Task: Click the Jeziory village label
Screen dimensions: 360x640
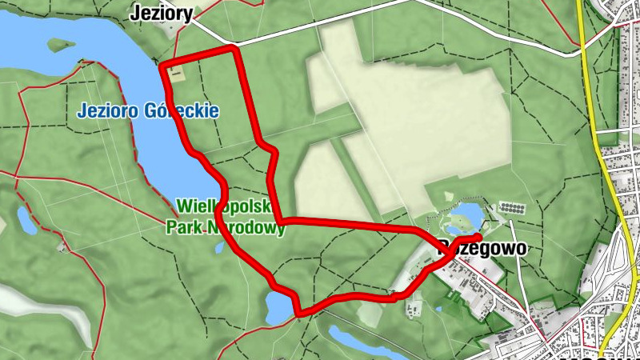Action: [161, 13]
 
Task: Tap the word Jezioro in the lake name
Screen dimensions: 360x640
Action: [110, 111]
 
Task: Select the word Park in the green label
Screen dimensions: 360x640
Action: [183, 228]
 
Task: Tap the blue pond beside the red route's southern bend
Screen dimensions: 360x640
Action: [278, 306]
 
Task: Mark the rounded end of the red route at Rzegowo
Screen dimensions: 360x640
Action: [477, 237]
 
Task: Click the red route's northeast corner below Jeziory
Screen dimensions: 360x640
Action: [234, 50]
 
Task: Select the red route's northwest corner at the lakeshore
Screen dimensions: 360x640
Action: [163, 66]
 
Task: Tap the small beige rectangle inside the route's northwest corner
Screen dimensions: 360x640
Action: [176, 74]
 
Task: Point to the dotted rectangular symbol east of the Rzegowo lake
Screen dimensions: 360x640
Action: [514, 207]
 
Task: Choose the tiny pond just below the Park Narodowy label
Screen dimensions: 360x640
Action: [220, 247]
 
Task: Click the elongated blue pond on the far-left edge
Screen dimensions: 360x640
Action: [26, 221]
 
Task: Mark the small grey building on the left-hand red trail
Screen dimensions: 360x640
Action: [62, 246]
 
